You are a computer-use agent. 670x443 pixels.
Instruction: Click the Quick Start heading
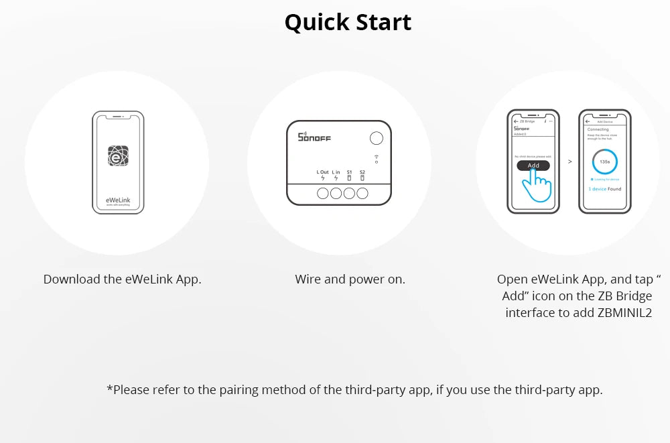point(348,22)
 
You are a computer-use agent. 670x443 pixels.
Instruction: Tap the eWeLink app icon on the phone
point(118,156)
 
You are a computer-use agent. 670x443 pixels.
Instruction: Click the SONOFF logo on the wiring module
point(314,137)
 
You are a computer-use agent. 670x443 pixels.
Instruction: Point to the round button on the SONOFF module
point(377,138)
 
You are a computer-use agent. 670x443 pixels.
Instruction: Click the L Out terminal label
point(323,172)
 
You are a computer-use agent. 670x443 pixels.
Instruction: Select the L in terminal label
point(336,172)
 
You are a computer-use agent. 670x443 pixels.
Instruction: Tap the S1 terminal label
point(349,172)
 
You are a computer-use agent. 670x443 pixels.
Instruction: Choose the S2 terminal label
point(362,172)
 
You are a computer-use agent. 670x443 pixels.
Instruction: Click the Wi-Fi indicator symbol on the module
point(377,157)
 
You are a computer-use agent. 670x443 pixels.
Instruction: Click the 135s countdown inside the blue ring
point(604,162)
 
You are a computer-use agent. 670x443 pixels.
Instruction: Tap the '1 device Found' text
point(604,189)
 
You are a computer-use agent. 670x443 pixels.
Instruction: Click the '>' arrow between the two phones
point(569,162)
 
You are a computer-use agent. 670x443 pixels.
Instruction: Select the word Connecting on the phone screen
point(598,129)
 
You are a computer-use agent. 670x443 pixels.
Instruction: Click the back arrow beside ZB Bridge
point(515,121)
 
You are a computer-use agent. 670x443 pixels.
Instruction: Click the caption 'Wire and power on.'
point(350,279)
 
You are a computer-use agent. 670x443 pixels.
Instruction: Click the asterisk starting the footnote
point(110,389)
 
